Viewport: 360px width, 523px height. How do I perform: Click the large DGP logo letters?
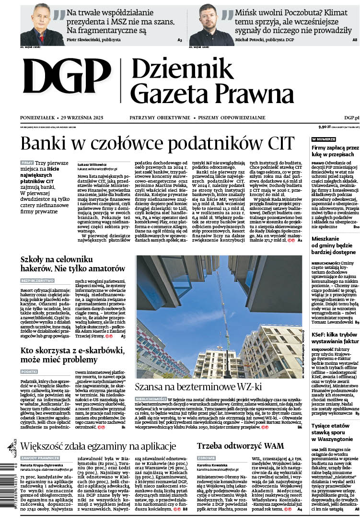[x=66, y=80]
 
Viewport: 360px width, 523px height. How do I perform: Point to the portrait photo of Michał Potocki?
[x=208, y=24]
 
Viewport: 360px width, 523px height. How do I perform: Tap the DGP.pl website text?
[x=351, y=117]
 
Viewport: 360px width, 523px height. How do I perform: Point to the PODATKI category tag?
[x=29, y=372]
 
